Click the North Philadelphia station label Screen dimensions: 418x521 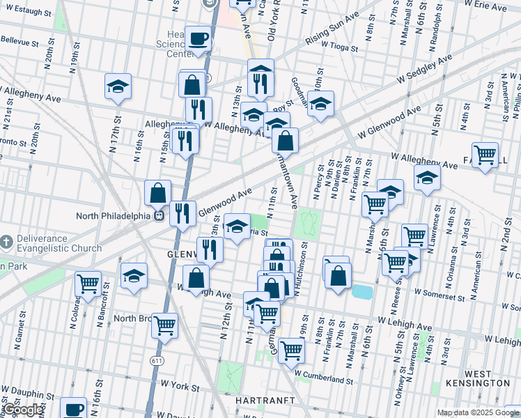coord(113,215)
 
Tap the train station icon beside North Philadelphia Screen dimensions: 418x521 coord(159,215)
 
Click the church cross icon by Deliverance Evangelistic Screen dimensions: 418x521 coord(6,242)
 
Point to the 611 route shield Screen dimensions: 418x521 coord(157,359)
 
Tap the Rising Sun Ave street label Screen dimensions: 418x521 coord(332,34)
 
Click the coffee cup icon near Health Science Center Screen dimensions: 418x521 coord(199,39)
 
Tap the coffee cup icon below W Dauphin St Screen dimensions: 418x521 coord(73,408)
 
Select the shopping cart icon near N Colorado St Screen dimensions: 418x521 coord(88,284)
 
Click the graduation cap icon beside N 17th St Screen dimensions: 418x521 coord(118,86)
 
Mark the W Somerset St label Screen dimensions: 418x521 coord(439,297)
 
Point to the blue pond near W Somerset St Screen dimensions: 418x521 coord(362,291)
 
